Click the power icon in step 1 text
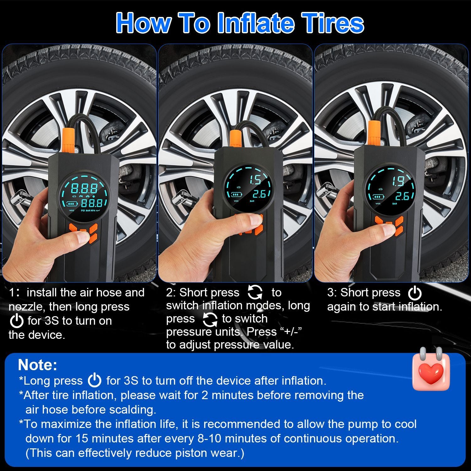point(17,321)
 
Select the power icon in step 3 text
point(414,293)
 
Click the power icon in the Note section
point(95,381)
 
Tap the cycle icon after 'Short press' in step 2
point(255,292)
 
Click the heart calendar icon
point(431,369)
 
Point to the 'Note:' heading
point(38,365)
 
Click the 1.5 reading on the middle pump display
point(255,180)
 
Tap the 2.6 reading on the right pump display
point(402,196)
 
